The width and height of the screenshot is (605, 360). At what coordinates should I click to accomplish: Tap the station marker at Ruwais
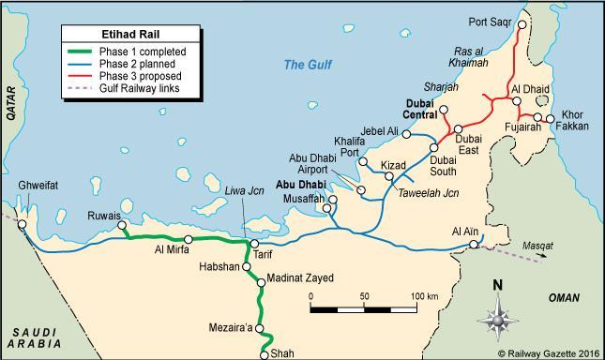[x=121, y=225]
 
